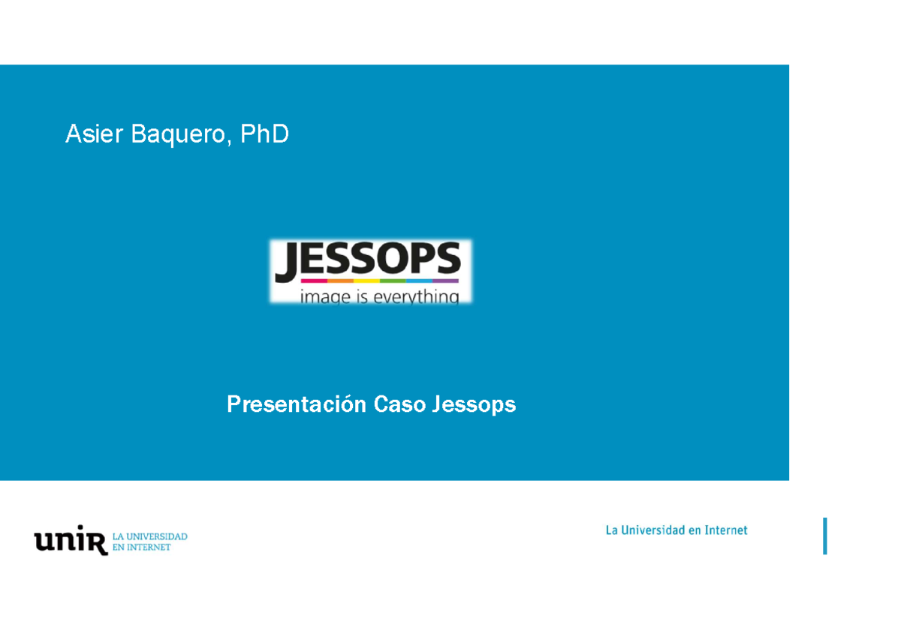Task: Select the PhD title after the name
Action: click(x=264, y=134)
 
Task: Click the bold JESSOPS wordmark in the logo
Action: click(x=367, y=260)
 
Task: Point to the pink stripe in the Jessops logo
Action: click(x=288, y=281)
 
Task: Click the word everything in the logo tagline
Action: click(x=417, y=297)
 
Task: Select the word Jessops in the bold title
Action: click(x=474, y=405)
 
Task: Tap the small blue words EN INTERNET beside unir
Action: click(x=142, y=548)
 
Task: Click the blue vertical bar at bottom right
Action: click(x=825, y=536)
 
